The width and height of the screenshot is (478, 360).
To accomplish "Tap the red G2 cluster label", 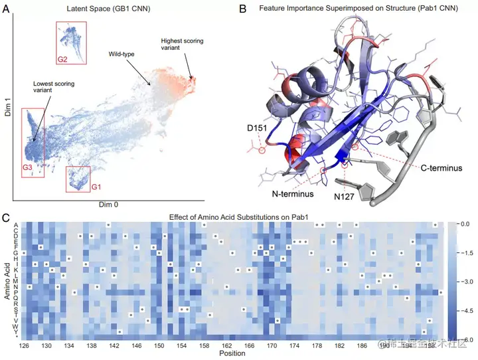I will (x=62, y=60).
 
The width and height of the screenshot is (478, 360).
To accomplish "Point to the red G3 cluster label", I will (x=27, y=167).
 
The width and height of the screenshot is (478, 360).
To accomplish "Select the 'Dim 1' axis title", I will (x=7, y=105).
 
